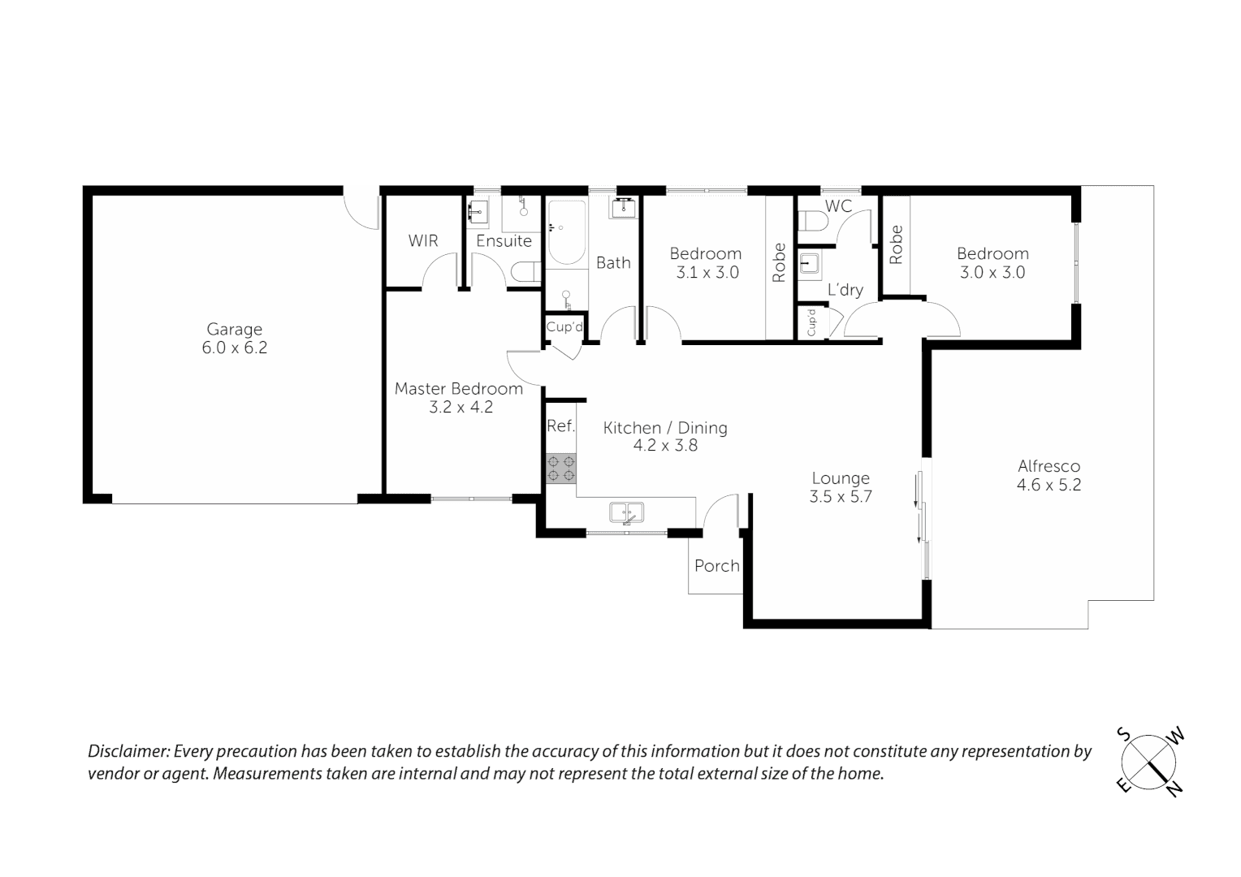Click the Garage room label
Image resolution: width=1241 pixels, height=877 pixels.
(x=234, y=329)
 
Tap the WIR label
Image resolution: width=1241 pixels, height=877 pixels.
(x=422, y=240)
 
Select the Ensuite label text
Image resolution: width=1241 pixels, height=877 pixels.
(x=504, y=241)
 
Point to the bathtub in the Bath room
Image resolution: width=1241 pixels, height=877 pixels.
(x=565, y=233)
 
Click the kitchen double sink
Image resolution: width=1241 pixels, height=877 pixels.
(x=626, y=513)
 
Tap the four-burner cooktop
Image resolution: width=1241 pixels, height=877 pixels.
(x=560, y=469)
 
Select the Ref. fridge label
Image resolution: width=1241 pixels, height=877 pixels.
(x=560, y=426)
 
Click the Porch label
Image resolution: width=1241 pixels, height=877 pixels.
(x=716, y=566)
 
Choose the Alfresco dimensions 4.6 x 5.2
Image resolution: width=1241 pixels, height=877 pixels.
(x=1049, y=486)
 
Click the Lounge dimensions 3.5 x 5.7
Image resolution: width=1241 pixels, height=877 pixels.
(x=840, y=497)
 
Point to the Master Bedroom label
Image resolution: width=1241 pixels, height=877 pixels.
(x=458, y=389)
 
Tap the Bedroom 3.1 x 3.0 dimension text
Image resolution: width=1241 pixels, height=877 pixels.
(x=707, y=273)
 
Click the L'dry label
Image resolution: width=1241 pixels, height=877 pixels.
(x=845, y=290)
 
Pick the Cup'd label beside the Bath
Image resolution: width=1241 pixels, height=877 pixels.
(x=564, y=327)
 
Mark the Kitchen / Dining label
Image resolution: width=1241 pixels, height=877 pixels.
(x=664, y=428)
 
